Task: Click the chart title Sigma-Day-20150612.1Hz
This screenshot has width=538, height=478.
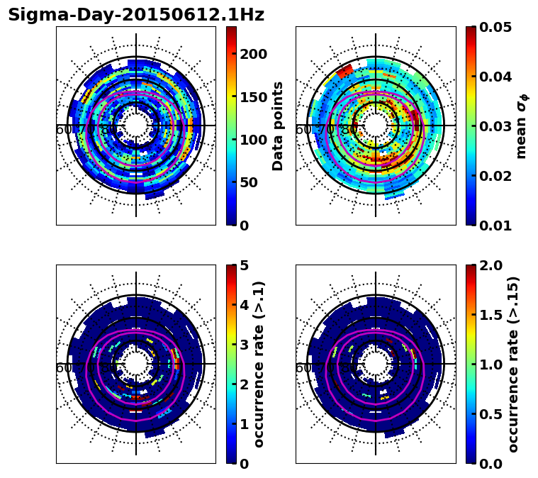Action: [x=135, y=15]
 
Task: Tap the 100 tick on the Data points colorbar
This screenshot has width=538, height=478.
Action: [x=253, y=140]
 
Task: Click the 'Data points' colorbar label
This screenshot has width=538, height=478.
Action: [x=278, y=126]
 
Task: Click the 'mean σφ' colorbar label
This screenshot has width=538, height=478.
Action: [x=522, y=126]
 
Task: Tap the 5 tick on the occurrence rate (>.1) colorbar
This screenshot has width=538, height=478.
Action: [x=245, y=265]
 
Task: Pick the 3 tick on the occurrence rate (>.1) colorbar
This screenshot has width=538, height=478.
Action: [x=245, y=345]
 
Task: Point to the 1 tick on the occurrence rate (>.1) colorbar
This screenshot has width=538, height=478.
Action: [x=245, y=424]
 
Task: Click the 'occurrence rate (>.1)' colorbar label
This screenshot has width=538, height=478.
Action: [x=259, y=364]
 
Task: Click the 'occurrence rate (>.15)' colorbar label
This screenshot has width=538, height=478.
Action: [x=513, y=364]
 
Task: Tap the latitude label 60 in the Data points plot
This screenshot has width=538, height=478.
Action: [x=63, y=130]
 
